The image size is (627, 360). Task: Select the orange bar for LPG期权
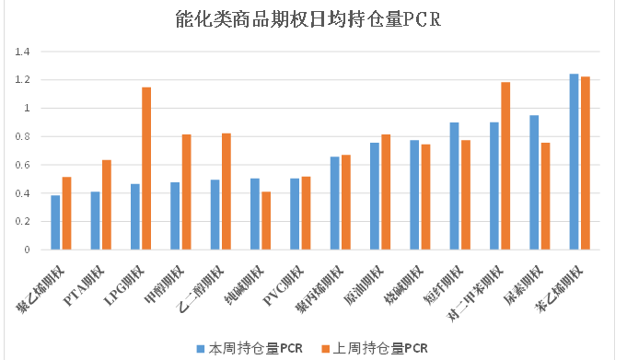[145, 168]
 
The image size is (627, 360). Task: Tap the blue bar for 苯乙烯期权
[575, 162]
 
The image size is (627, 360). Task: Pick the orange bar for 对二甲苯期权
[505, 166]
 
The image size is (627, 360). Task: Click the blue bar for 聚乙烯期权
[55, 223]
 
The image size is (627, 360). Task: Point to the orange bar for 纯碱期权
[265, 221]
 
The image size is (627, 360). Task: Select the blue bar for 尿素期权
[534, 182]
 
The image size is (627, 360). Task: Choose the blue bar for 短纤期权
[454, 186]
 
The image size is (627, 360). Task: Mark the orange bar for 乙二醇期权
[226, 192]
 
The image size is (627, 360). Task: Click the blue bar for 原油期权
[375, 196]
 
